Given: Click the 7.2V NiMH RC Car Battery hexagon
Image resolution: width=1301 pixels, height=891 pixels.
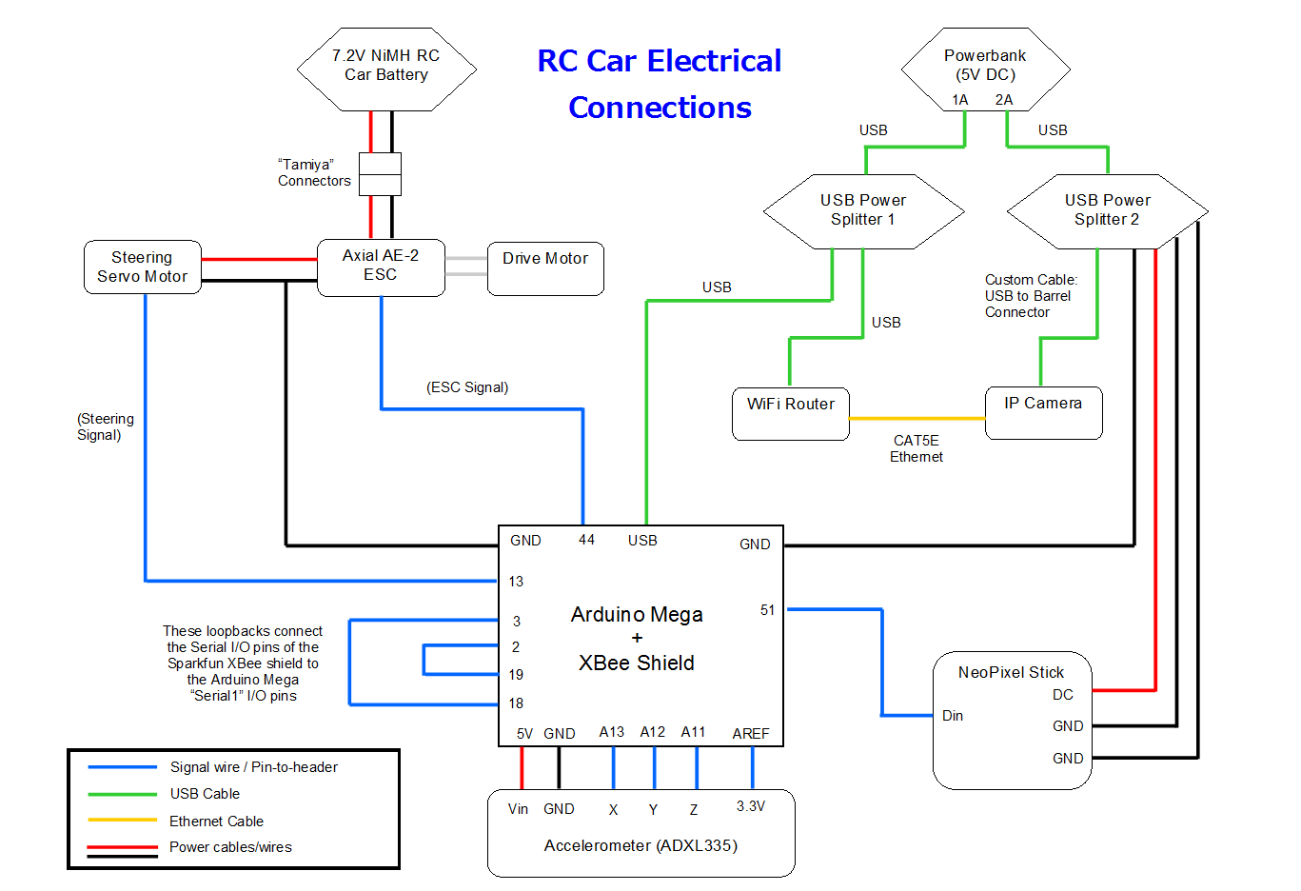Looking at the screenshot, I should coord(386,69).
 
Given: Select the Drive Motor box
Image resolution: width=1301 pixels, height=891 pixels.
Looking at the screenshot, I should coord(545,268).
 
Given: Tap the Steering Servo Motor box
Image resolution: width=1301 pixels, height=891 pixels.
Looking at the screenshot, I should coord(143,267).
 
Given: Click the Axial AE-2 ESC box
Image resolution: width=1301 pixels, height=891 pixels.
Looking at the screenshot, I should coord(381,267).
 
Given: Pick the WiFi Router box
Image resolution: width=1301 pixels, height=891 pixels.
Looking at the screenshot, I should coord(790,413).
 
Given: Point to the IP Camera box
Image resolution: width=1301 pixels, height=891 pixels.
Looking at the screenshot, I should coord(1043,412).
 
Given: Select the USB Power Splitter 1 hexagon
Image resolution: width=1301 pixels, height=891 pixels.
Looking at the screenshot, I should coord(863,210).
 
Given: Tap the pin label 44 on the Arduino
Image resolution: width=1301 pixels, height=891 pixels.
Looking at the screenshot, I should coord(586,540).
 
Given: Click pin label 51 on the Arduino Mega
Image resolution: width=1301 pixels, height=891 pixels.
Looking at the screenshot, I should coord(767,610).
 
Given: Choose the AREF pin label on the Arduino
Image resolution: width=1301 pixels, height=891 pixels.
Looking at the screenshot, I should coord(751,733).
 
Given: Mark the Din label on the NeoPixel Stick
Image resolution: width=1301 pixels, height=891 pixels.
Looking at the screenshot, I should coord(953,716).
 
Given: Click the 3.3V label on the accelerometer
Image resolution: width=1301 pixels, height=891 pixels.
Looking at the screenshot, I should coord(751,806).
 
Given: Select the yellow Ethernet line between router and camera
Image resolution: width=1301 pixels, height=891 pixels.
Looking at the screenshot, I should coord(917,418).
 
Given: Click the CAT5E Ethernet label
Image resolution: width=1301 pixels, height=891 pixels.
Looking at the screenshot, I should coord(917,448).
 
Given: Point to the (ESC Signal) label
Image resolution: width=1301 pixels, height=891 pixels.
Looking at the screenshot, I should coord(467,387).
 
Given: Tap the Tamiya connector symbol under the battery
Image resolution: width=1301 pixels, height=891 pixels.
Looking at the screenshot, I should coord(380,174).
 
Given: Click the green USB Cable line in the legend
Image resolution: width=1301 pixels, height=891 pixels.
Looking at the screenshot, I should coord(122,794).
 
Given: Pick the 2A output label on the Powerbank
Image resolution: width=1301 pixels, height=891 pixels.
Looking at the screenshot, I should coord(1004,100).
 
